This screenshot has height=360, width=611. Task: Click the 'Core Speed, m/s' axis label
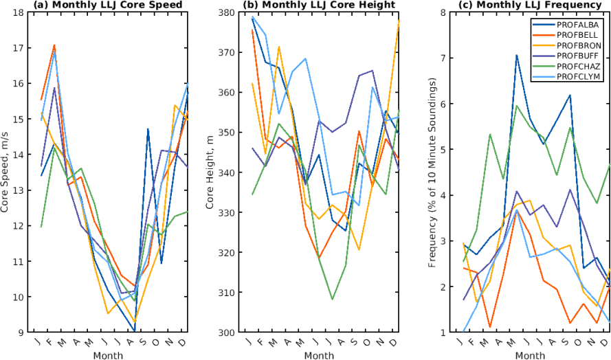pyautogui.click(x=6, y=172)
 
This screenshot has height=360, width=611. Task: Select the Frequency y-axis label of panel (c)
pyautogui.click(x=431, y=172)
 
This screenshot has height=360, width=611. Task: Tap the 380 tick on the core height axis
pyautogui.click(x=225, y=12)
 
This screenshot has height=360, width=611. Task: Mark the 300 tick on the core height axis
pyautogui.click(x=225, y=333)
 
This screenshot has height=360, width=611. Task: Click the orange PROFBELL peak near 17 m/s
pyautogui.click(x=54, y=45)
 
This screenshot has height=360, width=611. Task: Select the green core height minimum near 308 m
pyautogui.click(x=333, y=300)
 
